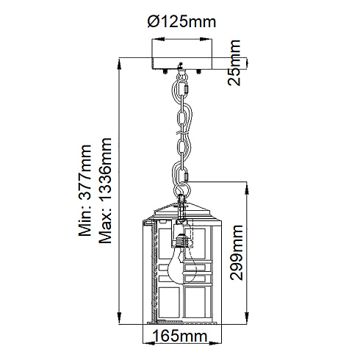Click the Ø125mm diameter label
click(181, 22)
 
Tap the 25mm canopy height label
click(234, 63)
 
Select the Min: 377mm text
click(84, 190)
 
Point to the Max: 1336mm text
click(105, 190)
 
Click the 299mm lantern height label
click(237, 253)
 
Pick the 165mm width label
click(180, 336)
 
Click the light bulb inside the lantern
click(182, 267)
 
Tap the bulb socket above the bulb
click(182, 241)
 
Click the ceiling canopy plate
click(181, 64)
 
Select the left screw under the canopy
click(165, 71)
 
